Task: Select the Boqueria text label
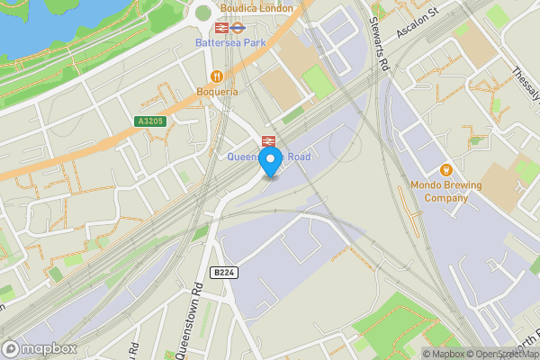[217, 91]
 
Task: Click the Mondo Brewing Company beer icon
[445, 169]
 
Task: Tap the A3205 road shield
[150, 121]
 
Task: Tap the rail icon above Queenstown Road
[267, 141]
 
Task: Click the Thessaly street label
[526, 81]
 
